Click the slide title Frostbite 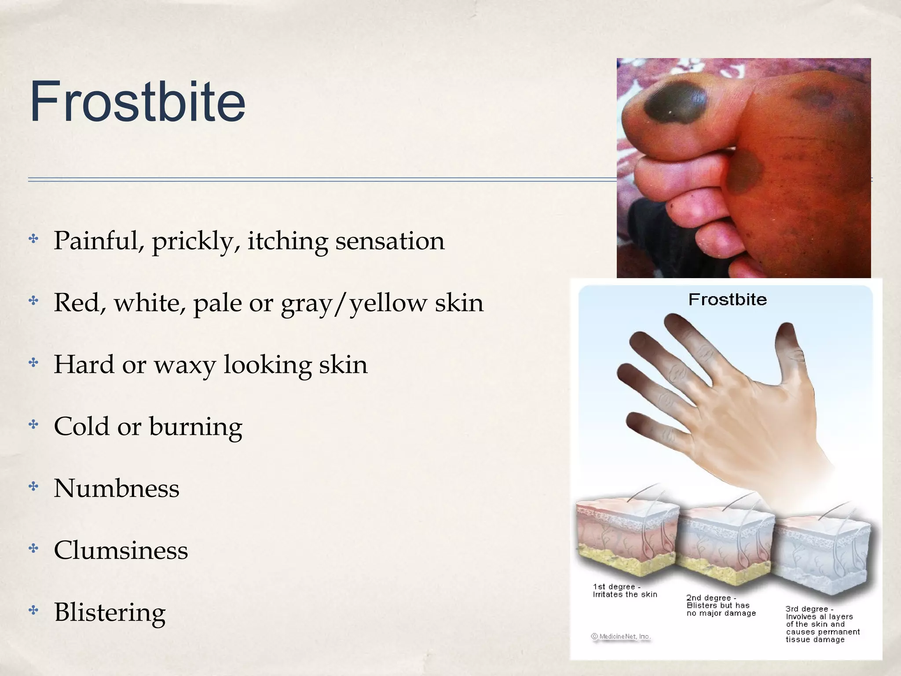[x=137, y=102]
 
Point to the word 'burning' [x=195, y=427]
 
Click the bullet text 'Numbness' [x=117, y=489]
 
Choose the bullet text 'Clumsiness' [x=121, y=551]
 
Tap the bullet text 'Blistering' [x=110, y=612]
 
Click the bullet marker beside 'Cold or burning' [x=33, y=425]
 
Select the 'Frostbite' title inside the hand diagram [x=727, y=300]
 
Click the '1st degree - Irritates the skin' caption [x=625, y=591]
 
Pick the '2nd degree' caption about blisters [x=721, y=606]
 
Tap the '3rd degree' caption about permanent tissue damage [x=822, y=624]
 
